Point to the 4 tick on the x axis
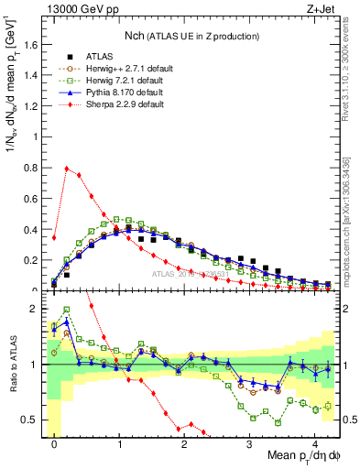314,442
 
